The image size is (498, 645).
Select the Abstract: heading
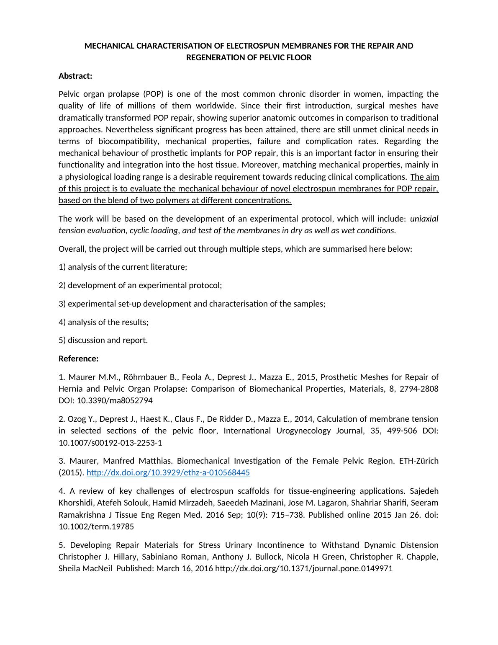coord(75,76)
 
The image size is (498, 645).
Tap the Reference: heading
coord(78,359)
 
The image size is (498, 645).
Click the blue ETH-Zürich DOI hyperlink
coord(168,472)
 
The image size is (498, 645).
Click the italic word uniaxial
coord(424,219)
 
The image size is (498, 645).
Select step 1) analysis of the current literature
coord(123,267)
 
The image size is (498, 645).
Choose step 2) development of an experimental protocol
coord(140,285)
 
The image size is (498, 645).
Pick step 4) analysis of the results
coord(103,322)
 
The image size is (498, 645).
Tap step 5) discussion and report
coord(103,340)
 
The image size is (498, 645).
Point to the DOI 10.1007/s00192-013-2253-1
coord(110,442)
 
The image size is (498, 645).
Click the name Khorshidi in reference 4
coord(77,503)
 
